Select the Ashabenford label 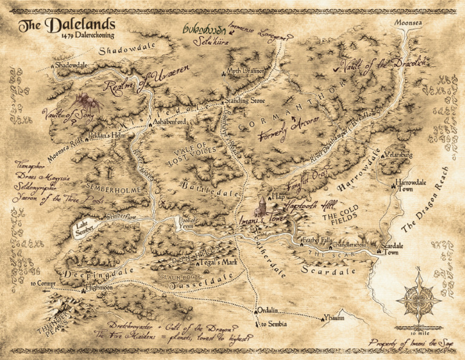[169, 121]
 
